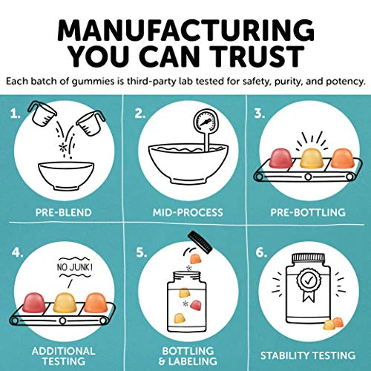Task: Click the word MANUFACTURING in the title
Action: tap(185, 30)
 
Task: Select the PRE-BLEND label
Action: tap(64, 212)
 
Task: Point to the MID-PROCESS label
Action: tap(188, 212)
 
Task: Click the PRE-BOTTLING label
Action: tap(308, 212)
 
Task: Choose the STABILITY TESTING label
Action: tap(308, 355)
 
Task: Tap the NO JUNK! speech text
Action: tap(75, 267)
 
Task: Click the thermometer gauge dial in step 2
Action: tap(205, 122)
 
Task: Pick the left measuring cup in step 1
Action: tap(42, 114)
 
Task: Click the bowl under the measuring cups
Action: tap(66, 176)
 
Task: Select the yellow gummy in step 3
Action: tap(312, 159)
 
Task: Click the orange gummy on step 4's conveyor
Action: tap(96, 302)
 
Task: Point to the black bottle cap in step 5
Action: tap(200, 243)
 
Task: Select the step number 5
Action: tap(142, 253)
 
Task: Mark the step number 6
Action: tap(261, 253)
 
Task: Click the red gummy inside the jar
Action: tap(195, 305)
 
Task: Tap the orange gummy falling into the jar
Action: tap(195, 259)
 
